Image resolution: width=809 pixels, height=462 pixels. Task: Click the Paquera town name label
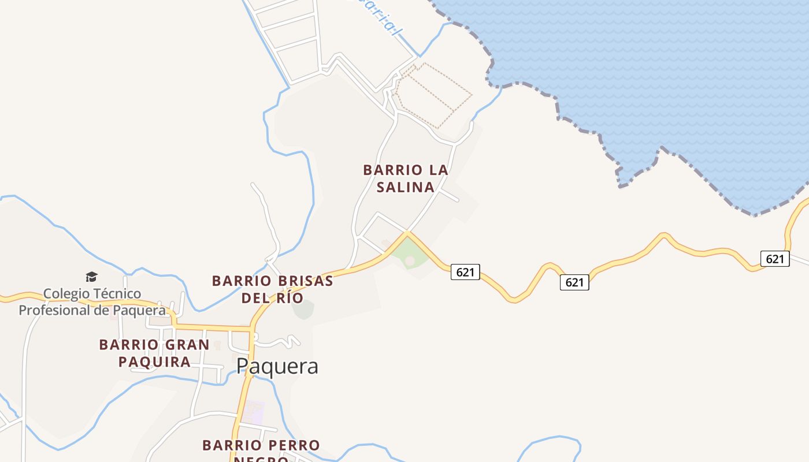pos(277,366)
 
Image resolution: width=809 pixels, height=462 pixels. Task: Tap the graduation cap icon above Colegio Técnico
pos(91,277)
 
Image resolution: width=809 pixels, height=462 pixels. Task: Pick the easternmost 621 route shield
pos(774,259)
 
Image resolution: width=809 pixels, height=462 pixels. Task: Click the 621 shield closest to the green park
pos(465,272)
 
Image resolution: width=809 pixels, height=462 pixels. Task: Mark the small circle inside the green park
pos(410,262)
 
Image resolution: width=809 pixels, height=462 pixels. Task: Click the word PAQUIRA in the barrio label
pos(154,362)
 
